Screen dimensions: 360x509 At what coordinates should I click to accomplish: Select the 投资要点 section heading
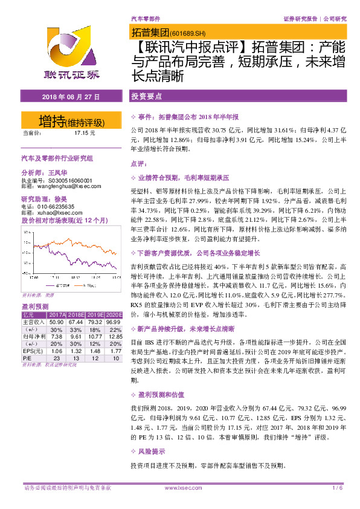[x=146, y=97]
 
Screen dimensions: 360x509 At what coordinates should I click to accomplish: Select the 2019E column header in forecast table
[x=94, y=315]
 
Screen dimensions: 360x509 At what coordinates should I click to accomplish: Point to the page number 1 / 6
[x=337, y=488]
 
